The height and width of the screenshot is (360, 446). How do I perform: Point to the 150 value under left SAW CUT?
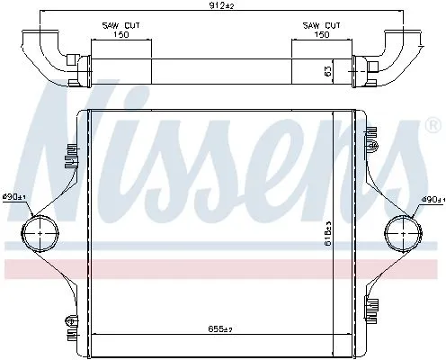120,37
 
